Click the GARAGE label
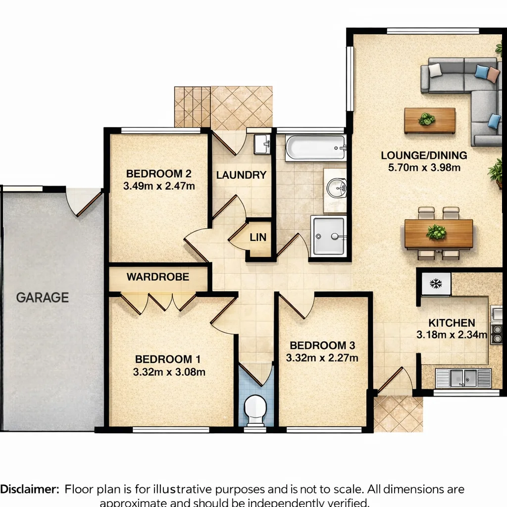pos(43,298)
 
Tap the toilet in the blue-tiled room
pos(255,410)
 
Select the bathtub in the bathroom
pos(315,148)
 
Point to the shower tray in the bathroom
pos(329,236)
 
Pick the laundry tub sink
pos(262,144)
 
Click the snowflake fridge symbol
pos(436,284)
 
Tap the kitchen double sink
pos(463,378)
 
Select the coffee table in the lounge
pos(430,121)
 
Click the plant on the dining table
pos(437,232)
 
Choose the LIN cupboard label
pos(258,237)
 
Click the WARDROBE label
pos(158,277)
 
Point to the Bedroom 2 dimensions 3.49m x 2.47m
pos(159,186)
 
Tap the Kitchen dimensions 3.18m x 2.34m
pos(452,335)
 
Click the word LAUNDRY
pos(241,175)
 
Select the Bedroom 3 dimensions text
pos(322,358)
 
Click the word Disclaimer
pos(30,489)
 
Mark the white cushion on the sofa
pos(435,70)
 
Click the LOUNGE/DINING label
pos(424,155)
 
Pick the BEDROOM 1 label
pos(168,359)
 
